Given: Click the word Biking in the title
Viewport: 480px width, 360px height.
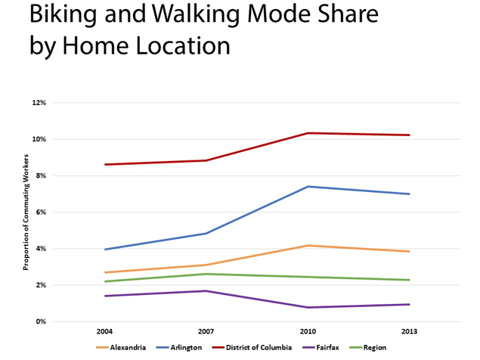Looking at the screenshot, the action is (63, 14).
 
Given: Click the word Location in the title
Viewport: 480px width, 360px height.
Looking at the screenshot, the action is (183, 45).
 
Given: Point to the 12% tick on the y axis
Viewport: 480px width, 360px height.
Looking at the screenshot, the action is (39, 103).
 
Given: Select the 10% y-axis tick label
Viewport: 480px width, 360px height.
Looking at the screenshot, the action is (39, 139).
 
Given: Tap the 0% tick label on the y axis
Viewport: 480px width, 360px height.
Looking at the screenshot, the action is (41, 321).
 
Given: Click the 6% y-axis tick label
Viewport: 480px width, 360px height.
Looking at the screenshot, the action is (41, 212).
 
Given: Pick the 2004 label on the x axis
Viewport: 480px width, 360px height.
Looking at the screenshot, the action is (105, 331).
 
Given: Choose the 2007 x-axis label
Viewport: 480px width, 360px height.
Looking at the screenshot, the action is (206, 331).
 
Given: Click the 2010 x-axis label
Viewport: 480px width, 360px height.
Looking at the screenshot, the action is (308, 331).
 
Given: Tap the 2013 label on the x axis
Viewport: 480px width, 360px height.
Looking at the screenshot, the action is (409, 331).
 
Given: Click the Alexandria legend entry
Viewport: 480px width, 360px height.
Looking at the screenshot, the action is (121, 347).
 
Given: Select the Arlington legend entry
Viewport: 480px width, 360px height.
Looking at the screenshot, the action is (179, 347).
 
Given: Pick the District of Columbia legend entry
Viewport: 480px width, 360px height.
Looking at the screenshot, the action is (252, 347).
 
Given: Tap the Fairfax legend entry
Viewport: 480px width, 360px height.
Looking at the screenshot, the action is (321, 347).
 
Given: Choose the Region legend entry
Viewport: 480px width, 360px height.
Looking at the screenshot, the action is (367, 347).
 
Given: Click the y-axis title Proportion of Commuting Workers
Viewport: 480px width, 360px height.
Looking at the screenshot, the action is (26, 212).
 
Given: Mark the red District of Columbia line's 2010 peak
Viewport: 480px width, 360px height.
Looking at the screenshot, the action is (308, 133).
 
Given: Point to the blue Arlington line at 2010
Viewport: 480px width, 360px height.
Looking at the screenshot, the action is (308, 186).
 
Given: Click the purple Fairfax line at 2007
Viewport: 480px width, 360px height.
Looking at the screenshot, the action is (206, 290).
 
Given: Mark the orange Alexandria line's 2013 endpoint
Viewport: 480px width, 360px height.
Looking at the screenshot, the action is (409, 252).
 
